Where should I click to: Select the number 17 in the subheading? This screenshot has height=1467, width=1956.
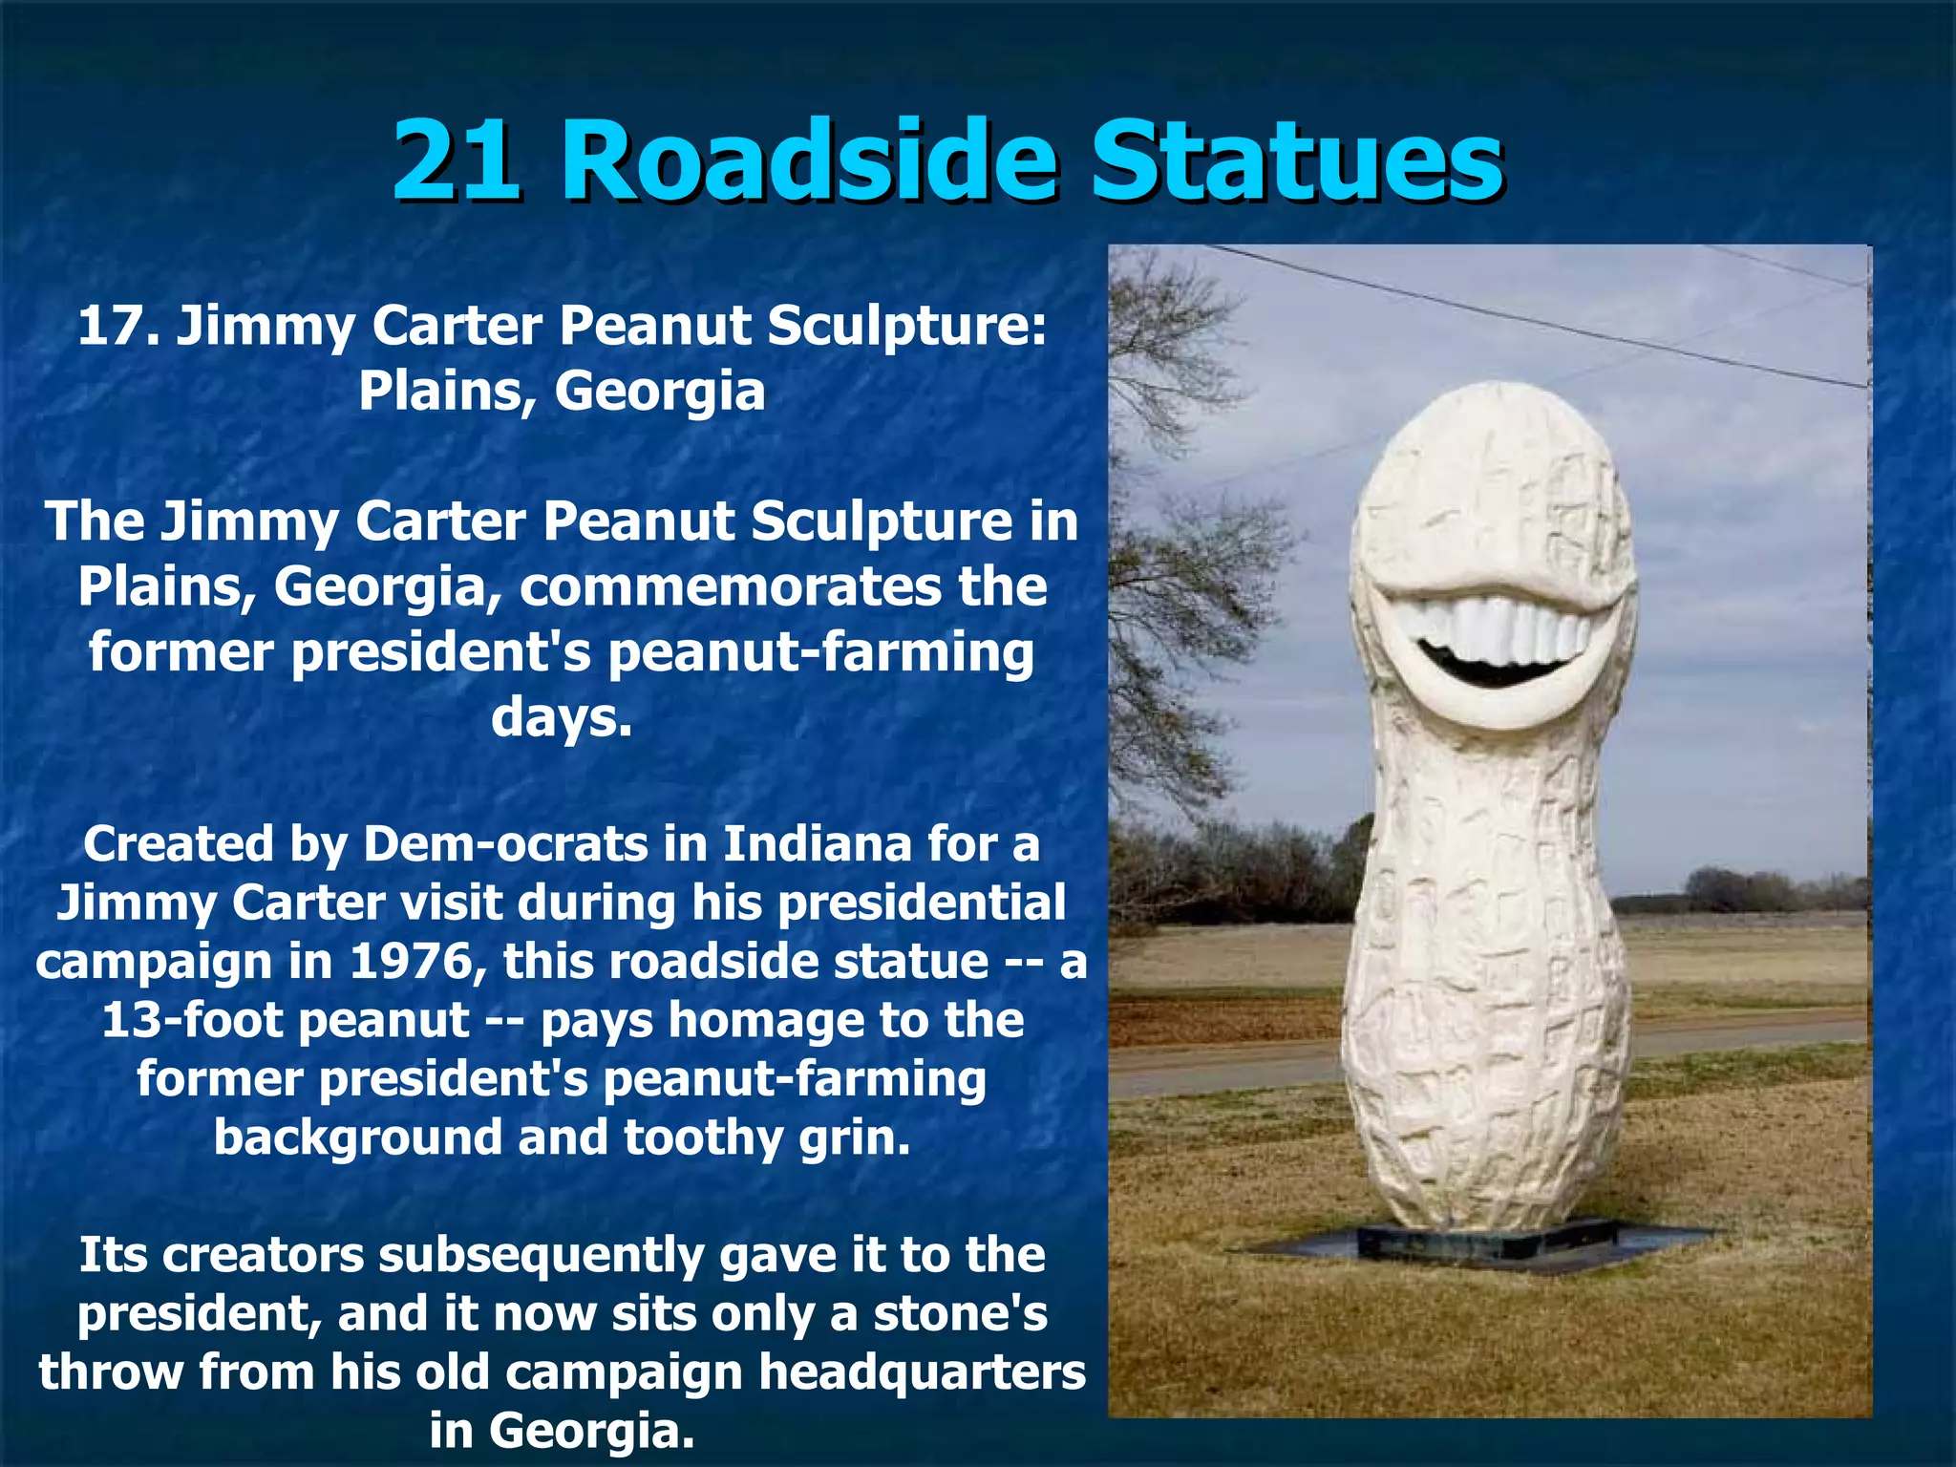(x=113, y=327)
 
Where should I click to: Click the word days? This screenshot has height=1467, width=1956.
(x=562, y=717)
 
